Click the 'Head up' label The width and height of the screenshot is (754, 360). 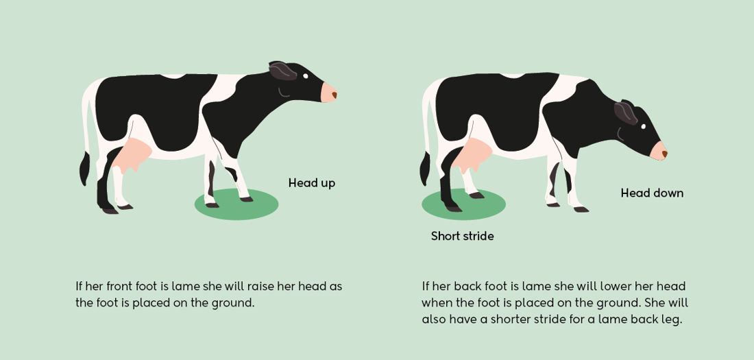point(311,183)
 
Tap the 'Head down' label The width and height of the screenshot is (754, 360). point(652,193)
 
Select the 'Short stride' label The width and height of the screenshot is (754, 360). point(462,236)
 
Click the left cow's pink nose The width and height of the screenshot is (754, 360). point(328,93)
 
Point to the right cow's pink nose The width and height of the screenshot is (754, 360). point(659,151)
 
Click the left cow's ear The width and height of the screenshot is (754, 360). point(282,70)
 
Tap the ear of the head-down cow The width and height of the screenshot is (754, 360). point(625,111)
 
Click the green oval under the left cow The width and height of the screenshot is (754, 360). point(236,204)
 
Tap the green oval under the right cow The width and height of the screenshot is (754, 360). point(463,204)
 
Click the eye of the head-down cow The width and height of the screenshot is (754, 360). point(643,126)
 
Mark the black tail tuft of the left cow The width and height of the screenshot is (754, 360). point(84,169)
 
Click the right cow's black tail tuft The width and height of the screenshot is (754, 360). point(424,169)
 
